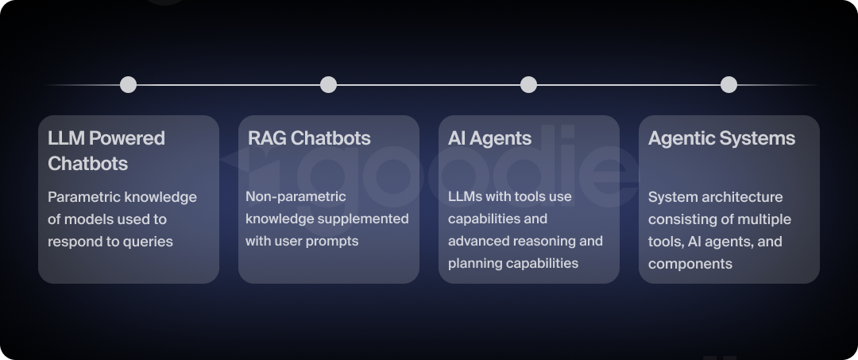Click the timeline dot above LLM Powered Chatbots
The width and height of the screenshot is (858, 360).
128,84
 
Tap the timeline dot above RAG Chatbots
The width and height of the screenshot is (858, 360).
328,84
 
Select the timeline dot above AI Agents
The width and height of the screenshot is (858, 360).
528,84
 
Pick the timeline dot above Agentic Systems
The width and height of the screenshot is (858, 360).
729,84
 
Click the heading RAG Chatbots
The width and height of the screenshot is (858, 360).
309,138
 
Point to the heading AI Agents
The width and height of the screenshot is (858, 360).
489,138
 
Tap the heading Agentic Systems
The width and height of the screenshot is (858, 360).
721,138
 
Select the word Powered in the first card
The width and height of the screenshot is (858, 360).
127,138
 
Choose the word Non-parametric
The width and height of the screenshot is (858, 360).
296,196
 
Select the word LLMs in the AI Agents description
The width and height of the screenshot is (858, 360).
465,196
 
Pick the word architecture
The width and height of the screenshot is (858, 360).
744,197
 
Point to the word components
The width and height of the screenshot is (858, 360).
690,264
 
